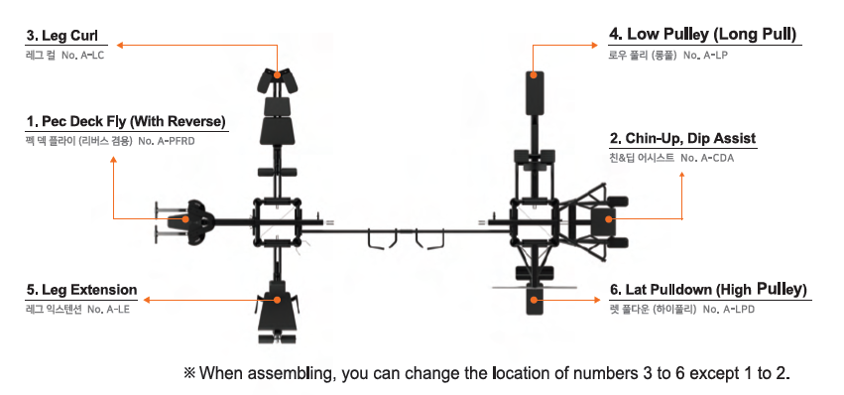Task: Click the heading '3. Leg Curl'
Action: [61, 36]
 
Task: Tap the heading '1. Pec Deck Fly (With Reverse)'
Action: [126, 121]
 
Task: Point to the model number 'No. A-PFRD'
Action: [167, 141]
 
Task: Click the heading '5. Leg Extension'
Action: [81, 290]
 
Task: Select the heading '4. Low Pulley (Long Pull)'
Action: [702, 35]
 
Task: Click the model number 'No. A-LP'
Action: [705, 55]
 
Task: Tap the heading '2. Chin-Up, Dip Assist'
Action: [682, 139]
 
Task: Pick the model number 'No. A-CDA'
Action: [707, 158]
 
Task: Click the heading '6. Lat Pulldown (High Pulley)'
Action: [708, 290]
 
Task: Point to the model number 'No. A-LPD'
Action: [728, 310]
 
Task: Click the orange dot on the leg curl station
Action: [277, 74]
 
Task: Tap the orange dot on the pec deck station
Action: [185, 218]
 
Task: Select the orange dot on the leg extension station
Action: [277, 300]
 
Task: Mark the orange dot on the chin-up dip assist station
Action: [609, 218]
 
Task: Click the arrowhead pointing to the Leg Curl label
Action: [121, 46]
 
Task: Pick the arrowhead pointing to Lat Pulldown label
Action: [596, 300]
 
